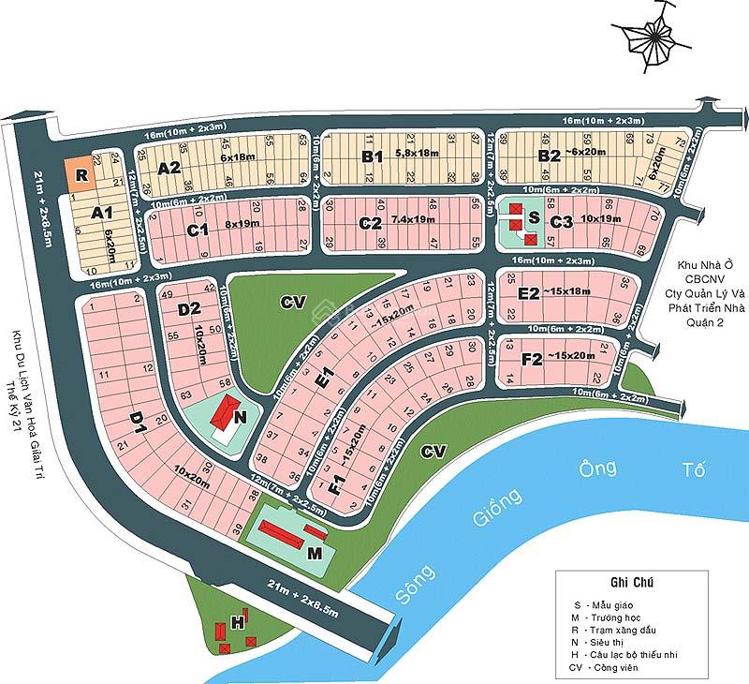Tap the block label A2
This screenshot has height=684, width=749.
pyautogui.click(x=169, y=169)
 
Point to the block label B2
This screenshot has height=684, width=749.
pyautogui.click(x=549, y=156)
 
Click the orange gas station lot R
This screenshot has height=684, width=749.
pyautogui.click(x=81, y=174)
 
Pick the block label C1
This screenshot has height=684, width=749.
pyautogui.click(x=197, y=228)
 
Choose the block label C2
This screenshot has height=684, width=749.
pyautogui.click(x=370, y=224)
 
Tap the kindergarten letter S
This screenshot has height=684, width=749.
pyautogui.click(x=534, y=217)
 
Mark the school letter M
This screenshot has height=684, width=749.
pyautogui.click(x=315, y=553)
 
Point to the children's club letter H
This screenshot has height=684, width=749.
pyautogui.click(x=239, y=621)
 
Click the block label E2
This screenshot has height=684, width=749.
pyautogui.click(x=529, y=293)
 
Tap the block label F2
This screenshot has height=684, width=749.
pyautogui.click(x=532, y=359)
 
